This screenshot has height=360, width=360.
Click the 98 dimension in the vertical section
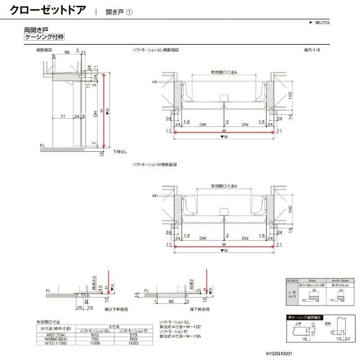click(x=67, y=53)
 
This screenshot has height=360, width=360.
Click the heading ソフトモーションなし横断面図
click(x=155, y=50)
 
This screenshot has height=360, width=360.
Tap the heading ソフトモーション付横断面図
click(x=154, y=165)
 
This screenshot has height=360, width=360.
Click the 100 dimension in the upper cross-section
click(x=291, y=95)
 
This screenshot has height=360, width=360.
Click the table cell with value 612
click(x=95, y=335)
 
